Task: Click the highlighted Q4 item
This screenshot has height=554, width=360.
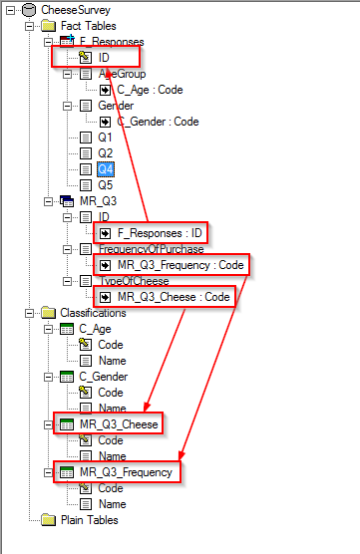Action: click(105, 168)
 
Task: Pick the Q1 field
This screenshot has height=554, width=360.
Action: click(105, 137)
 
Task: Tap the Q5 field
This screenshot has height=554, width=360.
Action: click(105, 184)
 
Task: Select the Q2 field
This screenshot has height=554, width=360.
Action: click(105, 152)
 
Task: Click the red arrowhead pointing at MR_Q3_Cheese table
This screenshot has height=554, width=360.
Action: click(146, 410)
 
